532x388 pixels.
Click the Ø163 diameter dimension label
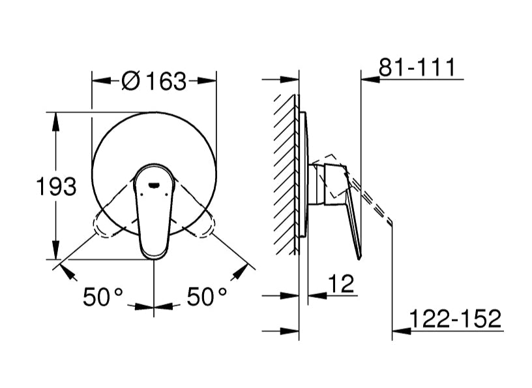154,82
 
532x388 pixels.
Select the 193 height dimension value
55,187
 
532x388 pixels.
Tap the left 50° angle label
102,297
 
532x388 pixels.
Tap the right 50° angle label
207,297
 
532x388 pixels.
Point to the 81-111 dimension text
417,67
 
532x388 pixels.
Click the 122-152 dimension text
455,319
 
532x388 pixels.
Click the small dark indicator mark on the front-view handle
154,185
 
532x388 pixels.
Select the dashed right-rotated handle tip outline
203,227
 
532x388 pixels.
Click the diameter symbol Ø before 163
130,82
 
